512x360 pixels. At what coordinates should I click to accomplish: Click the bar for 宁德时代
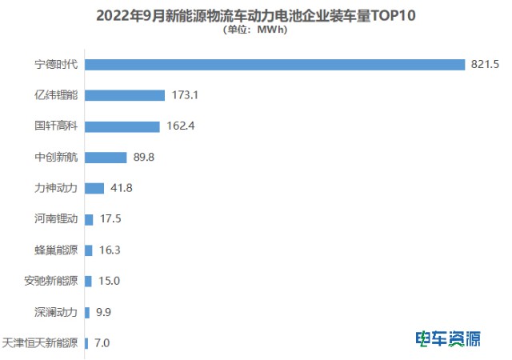[x=274, y=64]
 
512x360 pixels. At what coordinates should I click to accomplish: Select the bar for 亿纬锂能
[x=124, y=95]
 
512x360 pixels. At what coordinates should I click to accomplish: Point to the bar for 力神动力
[x=94, y=188]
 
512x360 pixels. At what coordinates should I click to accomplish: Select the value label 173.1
[x=185, y=95]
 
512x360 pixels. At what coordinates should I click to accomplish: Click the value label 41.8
[x=122, y=188]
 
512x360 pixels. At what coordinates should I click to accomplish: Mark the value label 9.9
[x=105, y=312]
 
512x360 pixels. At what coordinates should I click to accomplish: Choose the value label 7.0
[x=102, y=343]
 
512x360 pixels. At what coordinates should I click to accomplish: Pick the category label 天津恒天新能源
[x=41, y=343]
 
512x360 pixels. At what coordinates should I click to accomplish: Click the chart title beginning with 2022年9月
[x=256, y=15]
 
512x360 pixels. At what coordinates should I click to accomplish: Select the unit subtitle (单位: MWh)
[x=255, y=31]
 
